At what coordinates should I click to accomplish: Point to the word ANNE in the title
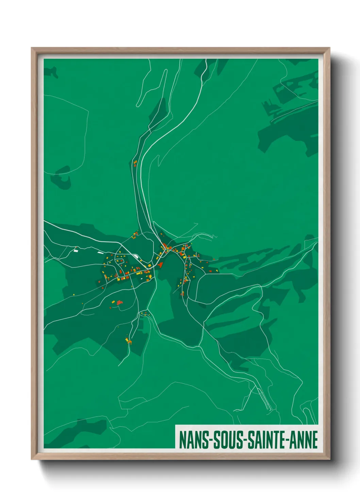click(x=305, y=440)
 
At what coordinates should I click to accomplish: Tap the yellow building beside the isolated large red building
click(x=114, y=301)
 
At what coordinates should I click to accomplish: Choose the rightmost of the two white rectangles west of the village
click(x=100, y=253)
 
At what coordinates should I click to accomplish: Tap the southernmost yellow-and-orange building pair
click(x=128, y=340)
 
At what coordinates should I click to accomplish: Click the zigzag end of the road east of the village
click(x=213, y=236)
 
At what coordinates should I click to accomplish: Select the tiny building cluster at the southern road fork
click(x=144, y=314)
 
